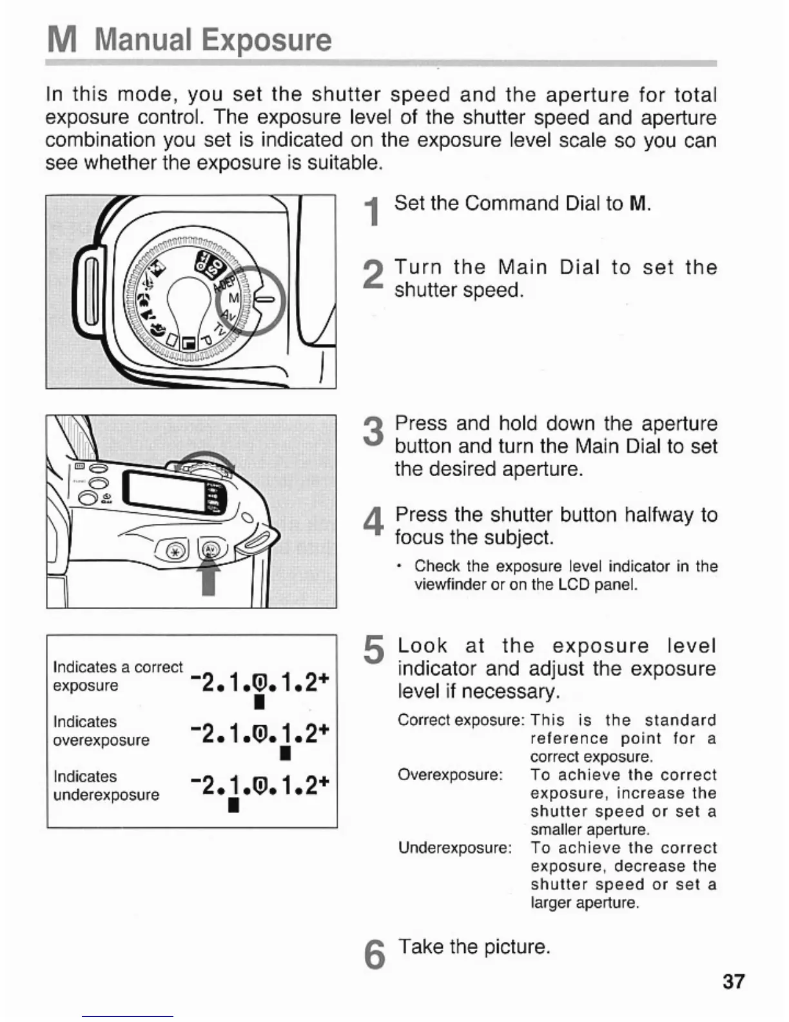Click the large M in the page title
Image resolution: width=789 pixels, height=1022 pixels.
[x=63, y=40]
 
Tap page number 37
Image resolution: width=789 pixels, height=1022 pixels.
[x=734, y=981]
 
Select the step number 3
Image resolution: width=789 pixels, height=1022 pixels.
[x=373, y=431]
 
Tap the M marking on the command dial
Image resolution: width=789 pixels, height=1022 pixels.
[x=234, y=298]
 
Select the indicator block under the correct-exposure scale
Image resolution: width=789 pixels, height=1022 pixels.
[x=258, y=701]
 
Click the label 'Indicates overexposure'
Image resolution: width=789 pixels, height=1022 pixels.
[x=101, y=731]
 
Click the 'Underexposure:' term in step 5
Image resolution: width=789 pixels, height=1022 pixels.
[x=454, y=847]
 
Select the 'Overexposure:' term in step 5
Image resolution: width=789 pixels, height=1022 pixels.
[x=450, y=774]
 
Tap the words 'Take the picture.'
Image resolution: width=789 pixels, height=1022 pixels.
[x=474, y=947]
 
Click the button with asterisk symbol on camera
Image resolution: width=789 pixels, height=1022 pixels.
[x=175, y=550]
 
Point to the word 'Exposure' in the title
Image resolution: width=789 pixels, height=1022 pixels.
[x=266, y=40]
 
